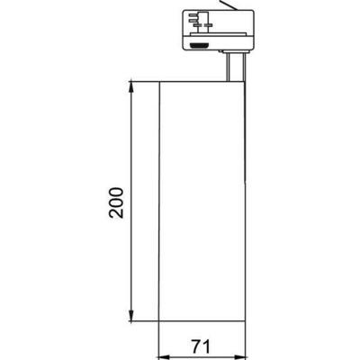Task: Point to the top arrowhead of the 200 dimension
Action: pos(132,86)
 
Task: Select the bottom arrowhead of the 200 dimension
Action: pos(132,317)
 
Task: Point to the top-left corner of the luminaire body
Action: pos(158,82)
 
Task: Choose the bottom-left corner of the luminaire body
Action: pos(158,321)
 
